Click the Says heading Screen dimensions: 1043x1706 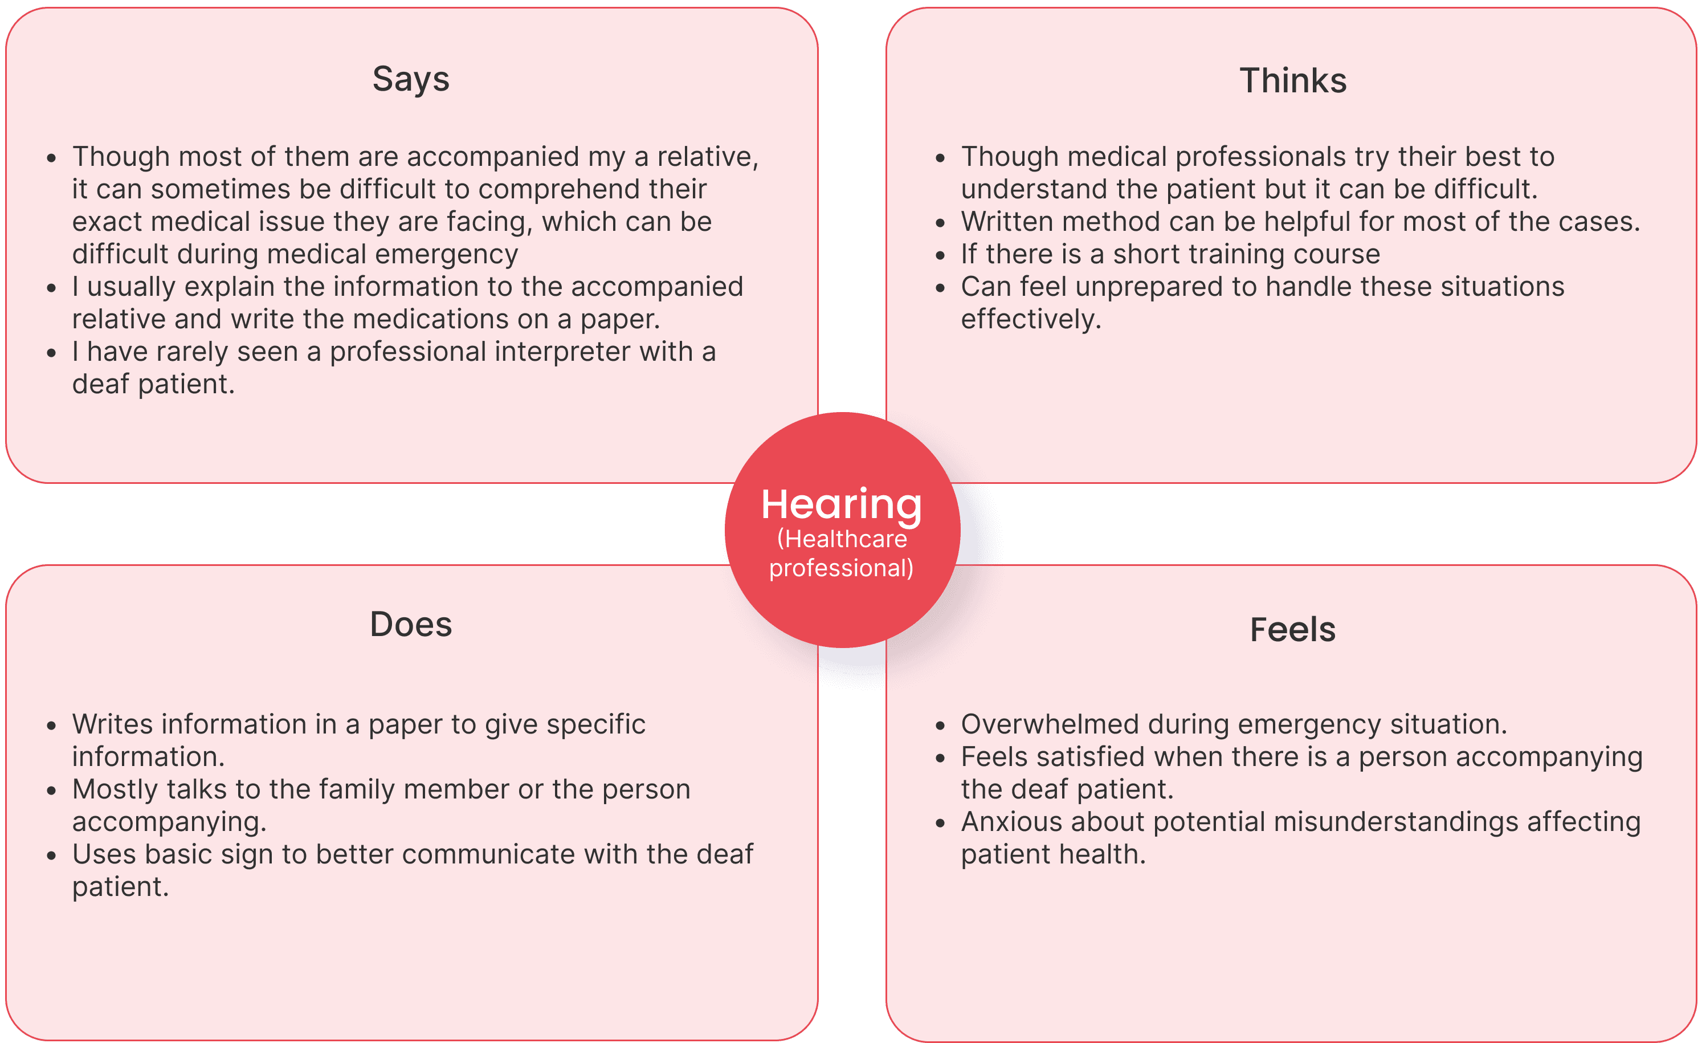[x=411, y=80]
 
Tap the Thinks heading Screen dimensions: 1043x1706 [x=1293, y=80]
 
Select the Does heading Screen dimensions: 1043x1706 [x=411, y=625]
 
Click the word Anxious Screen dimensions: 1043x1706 [x=1011, y=822]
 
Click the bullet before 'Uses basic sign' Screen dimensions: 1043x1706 [x=51, y=856]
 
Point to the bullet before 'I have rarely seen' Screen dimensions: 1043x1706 [x=51, y=353]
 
